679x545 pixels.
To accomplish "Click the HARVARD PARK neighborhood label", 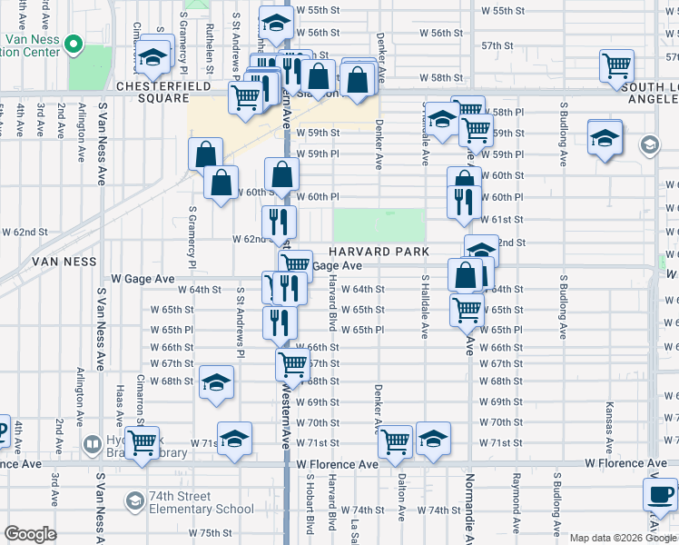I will click(379, 252).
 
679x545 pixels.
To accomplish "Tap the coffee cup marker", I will click(660, 496).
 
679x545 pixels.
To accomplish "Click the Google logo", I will click(30, 534).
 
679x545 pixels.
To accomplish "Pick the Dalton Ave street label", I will click(399, 490).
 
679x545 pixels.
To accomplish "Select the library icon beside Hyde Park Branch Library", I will click(93, 445).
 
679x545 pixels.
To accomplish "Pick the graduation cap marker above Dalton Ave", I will click(433, 440).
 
